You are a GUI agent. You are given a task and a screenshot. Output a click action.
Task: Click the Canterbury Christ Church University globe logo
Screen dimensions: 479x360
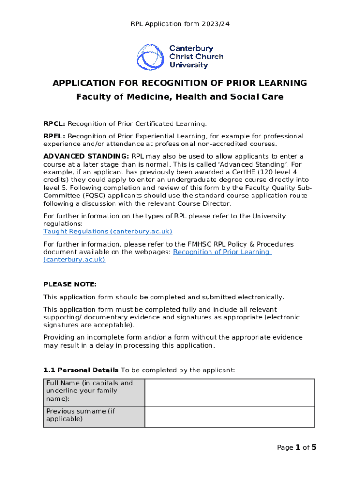point(149,57)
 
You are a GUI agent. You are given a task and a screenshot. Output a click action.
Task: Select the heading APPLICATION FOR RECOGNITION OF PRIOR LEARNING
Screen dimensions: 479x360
point(180,83)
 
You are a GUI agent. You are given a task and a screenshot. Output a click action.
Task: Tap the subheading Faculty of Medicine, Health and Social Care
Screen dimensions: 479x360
point(180,97)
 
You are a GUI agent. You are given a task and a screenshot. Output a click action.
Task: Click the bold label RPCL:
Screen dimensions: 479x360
point(54,124)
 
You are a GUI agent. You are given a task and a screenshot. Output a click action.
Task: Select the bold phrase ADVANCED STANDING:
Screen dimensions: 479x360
point(86,156)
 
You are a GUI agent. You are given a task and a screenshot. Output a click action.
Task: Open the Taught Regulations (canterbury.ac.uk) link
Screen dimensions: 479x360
point(108,232)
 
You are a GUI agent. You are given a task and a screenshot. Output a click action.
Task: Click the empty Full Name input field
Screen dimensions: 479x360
point(230,393)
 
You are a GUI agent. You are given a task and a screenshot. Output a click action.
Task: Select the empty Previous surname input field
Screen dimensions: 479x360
point(230,417)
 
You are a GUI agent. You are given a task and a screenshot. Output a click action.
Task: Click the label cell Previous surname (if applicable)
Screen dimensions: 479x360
point(94,415)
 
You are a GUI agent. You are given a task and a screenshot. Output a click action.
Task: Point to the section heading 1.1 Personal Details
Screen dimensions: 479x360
point(80,370)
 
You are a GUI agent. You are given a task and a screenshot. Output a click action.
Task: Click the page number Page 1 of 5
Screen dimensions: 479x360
point(296,448)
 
